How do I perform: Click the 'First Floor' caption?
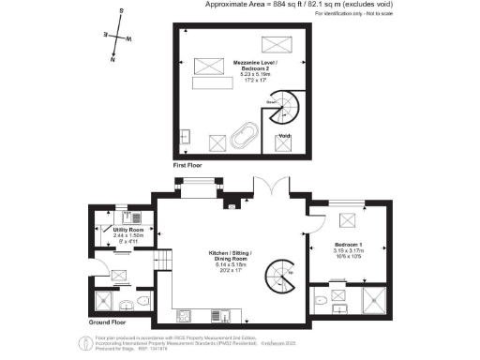coord(188,166)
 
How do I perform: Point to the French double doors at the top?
coord(271,188)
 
